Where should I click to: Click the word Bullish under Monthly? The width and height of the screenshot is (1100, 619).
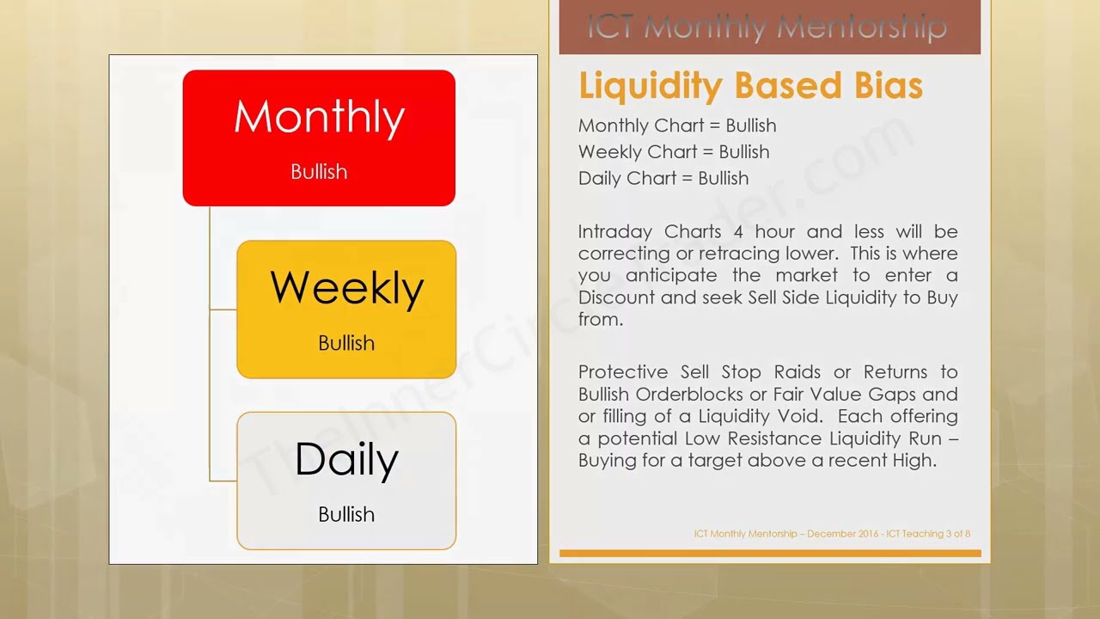tap(319, 172)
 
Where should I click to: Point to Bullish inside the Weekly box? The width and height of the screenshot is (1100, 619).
tap(346, 343)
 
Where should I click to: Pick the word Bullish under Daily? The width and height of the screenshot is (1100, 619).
tap(346, 514)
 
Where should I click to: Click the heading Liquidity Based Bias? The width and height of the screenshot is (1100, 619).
tap(750, 86)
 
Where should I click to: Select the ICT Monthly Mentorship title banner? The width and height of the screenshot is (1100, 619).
tap(769, 28)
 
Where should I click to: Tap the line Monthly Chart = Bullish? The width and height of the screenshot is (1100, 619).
tap(677, 126)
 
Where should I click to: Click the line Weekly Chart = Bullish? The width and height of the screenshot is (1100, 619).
tap(674, 152)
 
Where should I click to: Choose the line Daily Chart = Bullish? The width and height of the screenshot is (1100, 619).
tap(663, 179)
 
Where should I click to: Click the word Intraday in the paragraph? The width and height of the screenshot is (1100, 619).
tap(614, 232)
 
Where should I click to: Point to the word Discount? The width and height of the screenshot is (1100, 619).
tap(612, 297)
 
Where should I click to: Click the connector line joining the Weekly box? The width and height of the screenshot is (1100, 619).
tap(223, 309)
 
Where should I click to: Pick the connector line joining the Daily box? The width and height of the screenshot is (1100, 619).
tap(223, 481)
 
